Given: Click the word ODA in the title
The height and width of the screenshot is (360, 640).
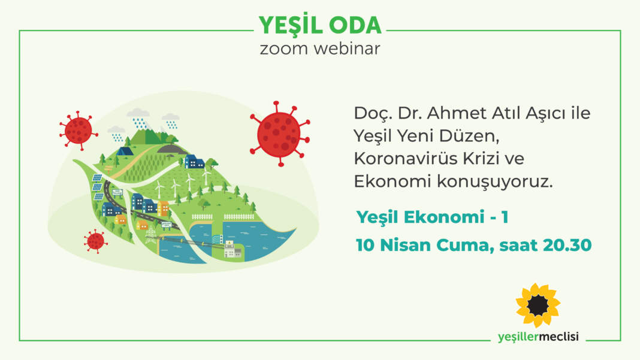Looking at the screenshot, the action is pos(355,25).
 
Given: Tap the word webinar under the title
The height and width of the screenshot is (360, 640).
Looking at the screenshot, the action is pos(347,49).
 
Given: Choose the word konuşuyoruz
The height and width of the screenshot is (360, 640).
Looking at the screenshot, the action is pos(495,181).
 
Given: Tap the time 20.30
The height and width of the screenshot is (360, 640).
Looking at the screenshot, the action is pos(567,245).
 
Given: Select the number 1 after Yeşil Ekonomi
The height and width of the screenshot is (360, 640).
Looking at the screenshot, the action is pos(505,217).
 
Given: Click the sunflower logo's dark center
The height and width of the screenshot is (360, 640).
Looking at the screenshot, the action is pos(538,305).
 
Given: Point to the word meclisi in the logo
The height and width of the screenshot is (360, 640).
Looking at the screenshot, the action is pos(559,337).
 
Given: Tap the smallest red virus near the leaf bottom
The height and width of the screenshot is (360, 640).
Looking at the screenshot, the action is pos(95,241).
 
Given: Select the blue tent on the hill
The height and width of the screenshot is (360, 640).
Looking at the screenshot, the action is pos(125,151).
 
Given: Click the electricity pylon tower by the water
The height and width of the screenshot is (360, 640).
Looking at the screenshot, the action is pos(151,235).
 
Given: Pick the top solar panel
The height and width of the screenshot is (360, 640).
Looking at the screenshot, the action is pos(97,177).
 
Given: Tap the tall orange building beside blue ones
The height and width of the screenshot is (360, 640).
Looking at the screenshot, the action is pos(163,208).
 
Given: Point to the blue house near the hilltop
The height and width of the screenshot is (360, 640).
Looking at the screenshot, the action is pos(194,162).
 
